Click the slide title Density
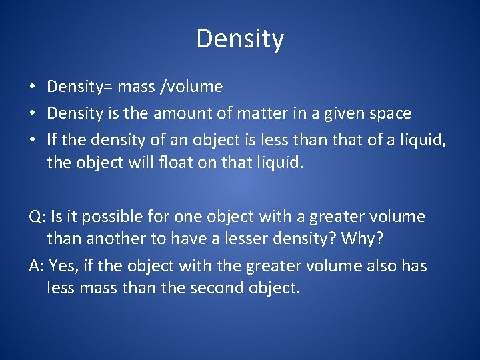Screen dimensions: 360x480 (240, 39)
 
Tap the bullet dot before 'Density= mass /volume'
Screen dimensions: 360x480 (32, 87)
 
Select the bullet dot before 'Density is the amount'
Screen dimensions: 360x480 (32, 114)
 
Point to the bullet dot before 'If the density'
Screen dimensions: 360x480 (32, 141)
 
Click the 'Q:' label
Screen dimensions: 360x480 (37, 217)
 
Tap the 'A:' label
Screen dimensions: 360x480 (37, 267)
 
